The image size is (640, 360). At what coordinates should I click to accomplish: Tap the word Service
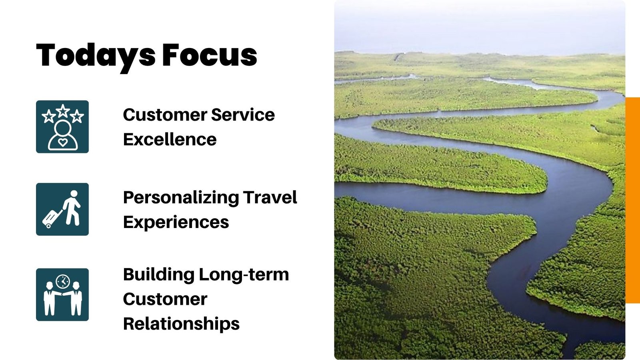[243, 114]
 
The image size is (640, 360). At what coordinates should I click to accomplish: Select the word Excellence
[170, 139]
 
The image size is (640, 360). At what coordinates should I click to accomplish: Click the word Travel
[270, 197]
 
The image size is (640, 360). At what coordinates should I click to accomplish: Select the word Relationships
[182, 324]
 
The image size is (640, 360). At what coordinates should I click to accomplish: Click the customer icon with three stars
[62, 126]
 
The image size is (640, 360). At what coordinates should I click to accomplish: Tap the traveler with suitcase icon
[62, 209]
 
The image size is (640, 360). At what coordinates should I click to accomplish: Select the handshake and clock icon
[62, 294]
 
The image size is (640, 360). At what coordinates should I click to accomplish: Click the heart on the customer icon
[62, 142]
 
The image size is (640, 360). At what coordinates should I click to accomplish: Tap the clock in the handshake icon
[63, 282]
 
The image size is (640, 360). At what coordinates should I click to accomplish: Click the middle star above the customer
[63, 111]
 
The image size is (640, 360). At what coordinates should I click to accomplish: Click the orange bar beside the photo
[632, 200]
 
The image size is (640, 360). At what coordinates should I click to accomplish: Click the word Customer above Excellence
[165, 114]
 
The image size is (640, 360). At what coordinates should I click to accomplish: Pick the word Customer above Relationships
[165, 299]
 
